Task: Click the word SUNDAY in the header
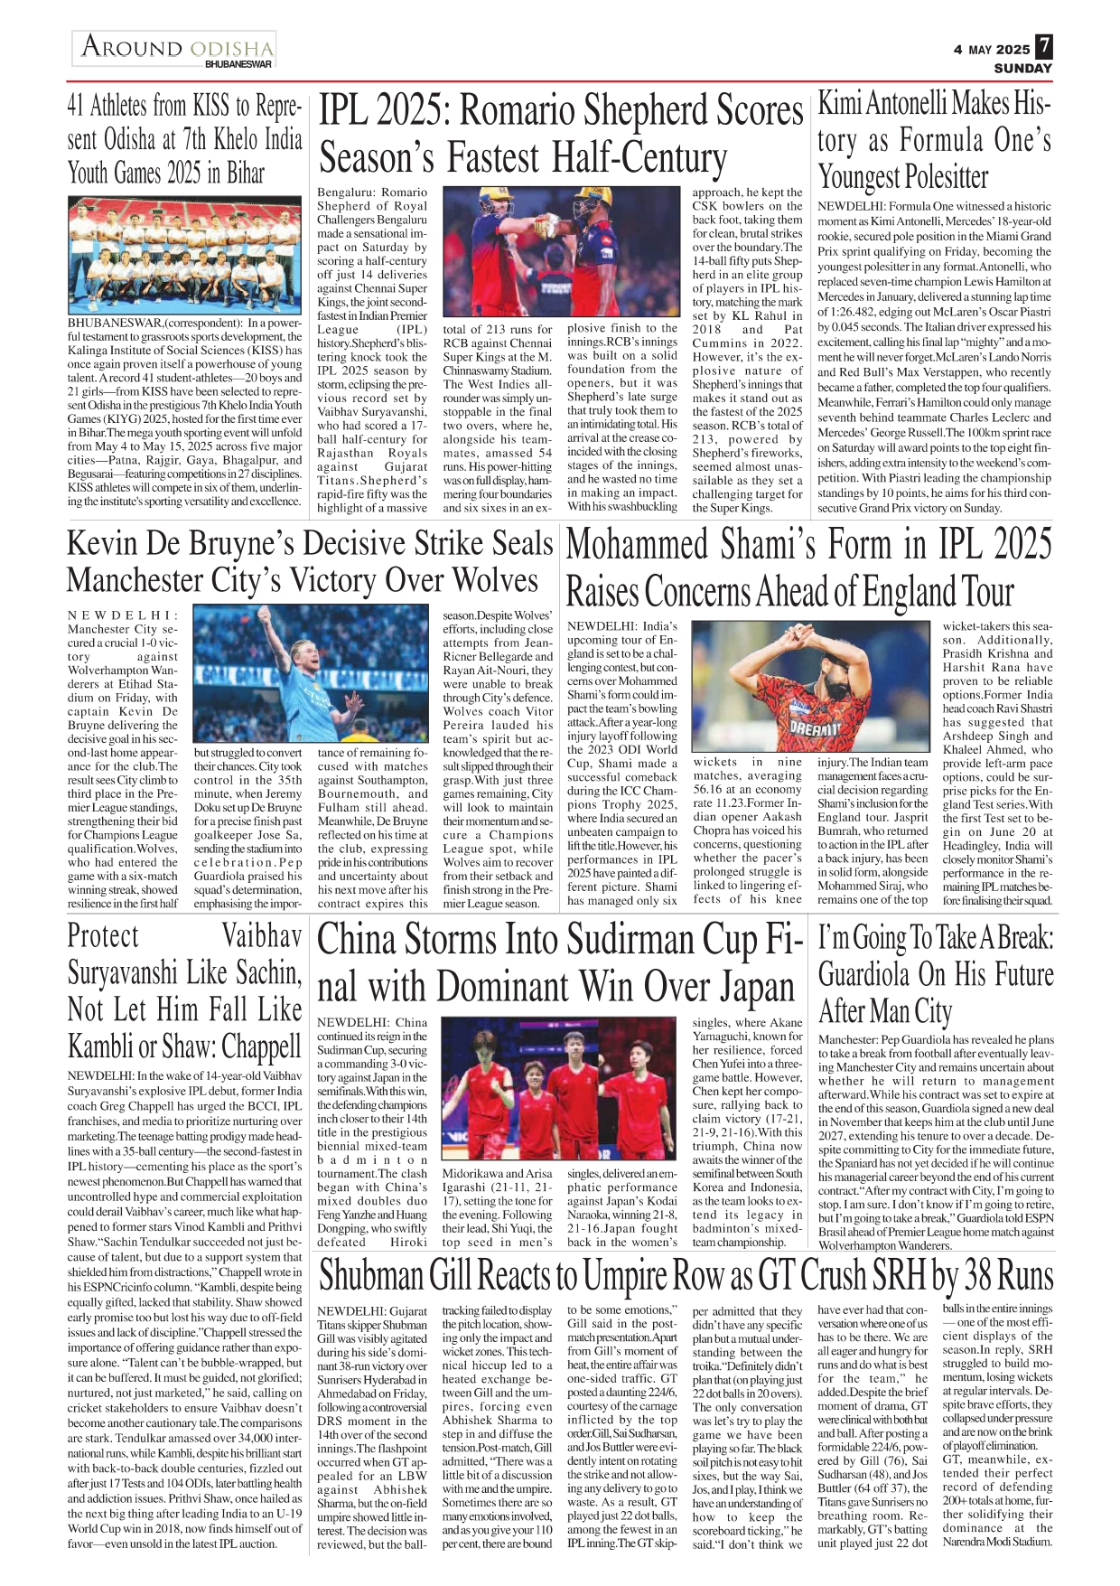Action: pyautogui.click(x=1022, y=69)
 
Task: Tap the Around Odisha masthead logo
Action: pyautogui.click(x=175, y=47)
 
